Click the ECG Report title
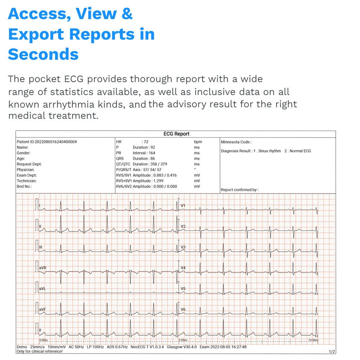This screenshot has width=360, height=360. [x=176, y=134]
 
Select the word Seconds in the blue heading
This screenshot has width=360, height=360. [x=43, y=54]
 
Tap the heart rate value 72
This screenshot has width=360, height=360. [x=146, y=142]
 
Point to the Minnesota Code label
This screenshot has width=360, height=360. [x=236, y=142]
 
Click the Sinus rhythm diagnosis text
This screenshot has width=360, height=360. [x=269, y=151]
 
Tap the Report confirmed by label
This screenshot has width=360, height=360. [x=239, y=190]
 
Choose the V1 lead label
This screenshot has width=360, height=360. [x=183, y=206]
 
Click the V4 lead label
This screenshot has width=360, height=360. [x=183, y=268]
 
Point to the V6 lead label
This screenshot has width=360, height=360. [x=183, y=310]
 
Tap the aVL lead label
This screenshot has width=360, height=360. [x=42, y=289]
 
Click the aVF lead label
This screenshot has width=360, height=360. [x=42, y=309]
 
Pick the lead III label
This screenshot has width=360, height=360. [x=41, y=247]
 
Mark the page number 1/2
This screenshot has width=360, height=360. [x=332, y=351]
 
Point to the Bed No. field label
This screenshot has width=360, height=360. [x=24, y=186]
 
